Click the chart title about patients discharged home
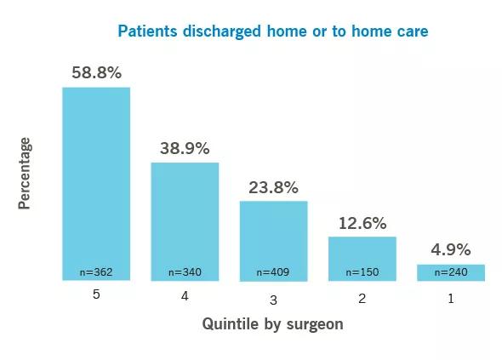(x=273, y=31)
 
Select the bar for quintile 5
(x=96, y=184)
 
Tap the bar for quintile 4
(x=185, y=221)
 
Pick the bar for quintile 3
(x=274, y=241)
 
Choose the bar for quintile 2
(x=362, y=259)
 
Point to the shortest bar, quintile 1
(x=451, y=272)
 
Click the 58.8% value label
(x=97, y=72)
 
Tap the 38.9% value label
(x=185, y=149)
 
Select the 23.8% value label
(x=273, y=188)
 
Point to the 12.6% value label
(x=362, y=223)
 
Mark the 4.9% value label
(x=451, y=249)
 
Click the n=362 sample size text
(x=96, y=272)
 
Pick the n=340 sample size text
(x=185, y=272)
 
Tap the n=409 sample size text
(x=273, y=272)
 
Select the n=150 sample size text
(x=362, y=272)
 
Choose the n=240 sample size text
(x=451, y=272)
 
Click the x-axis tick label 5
(x=96, y=294)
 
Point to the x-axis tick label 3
(x=273, y=300)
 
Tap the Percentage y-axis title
(x=25, y=174)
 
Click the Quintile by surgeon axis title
(x=273, y=323)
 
